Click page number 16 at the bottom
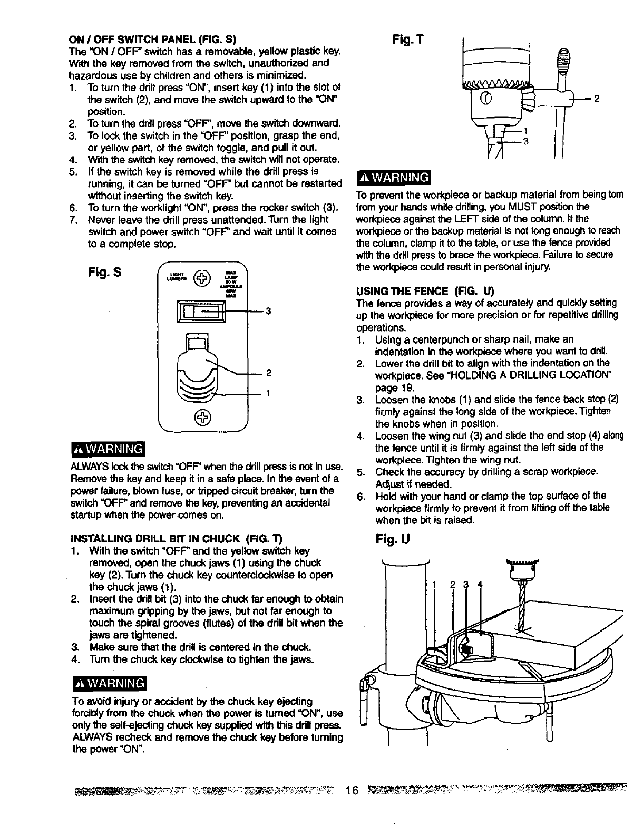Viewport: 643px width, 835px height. (x=352, y=791)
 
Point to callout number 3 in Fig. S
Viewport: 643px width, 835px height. (x=268, y=312)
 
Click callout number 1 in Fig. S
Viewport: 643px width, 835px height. (x=268, y=393)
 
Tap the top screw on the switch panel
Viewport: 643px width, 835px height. (x=202, y=277)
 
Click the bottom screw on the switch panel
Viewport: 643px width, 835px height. (x=202, y=417)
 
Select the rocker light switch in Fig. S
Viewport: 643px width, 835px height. (x=202, y=312)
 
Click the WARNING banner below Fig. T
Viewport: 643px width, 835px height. (x=394, y=177)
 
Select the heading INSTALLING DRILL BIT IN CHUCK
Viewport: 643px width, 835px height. (x=177, y=539)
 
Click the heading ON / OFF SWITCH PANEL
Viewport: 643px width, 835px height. (x=153, y=39)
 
